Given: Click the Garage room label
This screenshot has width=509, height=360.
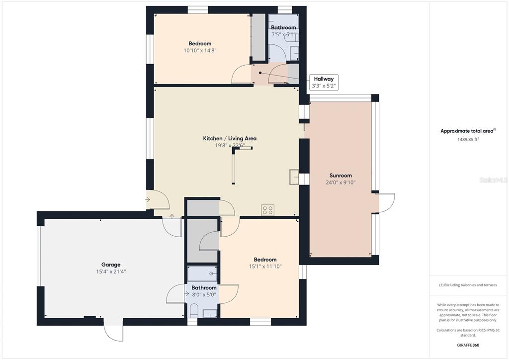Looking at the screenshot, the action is (x=111, y=265).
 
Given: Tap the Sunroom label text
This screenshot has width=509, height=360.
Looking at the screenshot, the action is (x=340, y=176).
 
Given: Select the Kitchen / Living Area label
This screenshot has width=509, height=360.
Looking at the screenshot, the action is (x=230, y=138).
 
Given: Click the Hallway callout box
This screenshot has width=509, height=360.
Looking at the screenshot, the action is (x=324, y=82).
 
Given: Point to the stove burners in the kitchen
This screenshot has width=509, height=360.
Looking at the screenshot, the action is (x=268, y=210).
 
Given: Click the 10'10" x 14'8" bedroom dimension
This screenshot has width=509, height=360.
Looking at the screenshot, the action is (x=200, y=50).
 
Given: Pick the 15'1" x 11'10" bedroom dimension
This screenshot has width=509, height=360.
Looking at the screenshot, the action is (x=265, y=267).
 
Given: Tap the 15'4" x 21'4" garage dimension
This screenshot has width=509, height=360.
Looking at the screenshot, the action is (x=111, y=271).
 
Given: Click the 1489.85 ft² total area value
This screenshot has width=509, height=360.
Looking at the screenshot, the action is (x=468, y=139).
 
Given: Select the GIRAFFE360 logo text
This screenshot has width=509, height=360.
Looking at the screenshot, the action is (x=468, y=345).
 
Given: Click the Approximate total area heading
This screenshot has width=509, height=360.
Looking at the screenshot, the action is (x=468, y=131).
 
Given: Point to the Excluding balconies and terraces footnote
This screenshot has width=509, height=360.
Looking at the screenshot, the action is (x=468, y=285).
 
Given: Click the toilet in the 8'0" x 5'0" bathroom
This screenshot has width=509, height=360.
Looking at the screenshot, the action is (x=193, y=311).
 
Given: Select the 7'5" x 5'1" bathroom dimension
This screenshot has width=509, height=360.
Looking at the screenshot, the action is (x=283, y=34).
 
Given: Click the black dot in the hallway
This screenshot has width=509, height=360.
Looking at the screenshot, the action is (x=260, y=73).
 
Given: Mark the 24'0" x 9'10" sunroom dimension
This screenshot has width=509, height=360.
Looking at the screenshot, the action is (x=340, y=182).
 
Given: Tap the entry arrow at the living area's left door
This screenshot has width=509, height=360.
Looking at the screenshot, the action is (x=148, y=199).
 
